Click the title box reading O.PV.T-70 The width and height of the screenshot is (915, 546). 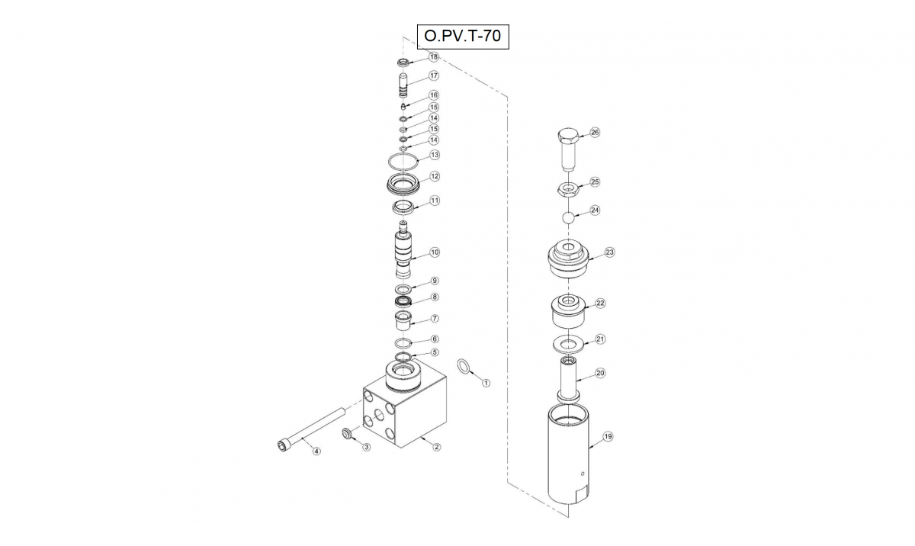pyautogui.click(x=463, y=37)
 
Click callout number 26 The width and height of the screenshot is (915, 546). pyautogui.click(x=595, y=133)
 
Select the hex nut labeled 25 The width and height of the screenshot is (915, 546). pyautogui.click(x=567, y=189)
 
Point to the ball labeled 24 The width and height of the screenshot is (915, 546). pyautogui.click(x=569, y=217)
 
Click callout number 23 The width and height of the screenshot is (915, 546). pyautogui.click(x=609, y=252)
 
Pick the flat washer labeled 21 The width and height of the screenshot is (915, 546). pyautogui.click(x=569, y=344)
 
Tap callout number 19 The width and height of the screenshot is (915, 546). pyautogui.click(x=608, y=436)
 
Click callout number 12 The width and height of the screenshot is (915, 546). pyautogui.click(x=435, y=176)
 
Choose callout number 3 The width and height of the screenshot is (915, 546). pyautogui.click(x=367, y=447)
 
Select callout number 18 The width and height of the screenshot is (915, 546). pyautogui.click(x=433, y=56)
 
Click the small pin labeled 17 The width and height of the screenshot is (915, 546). pyautogui.click(x=403, y=85)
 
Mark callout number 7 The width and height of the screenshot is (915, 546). pyautogui.click(x=435, y=318)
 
